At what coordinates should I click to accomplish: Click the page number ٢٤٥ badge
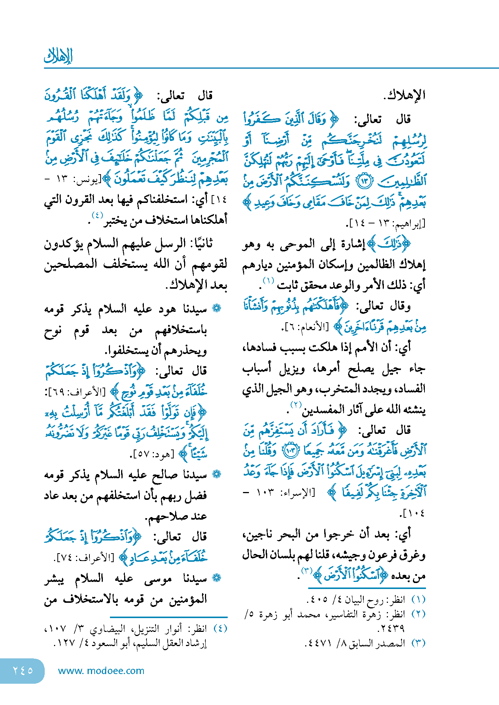click(23, 670)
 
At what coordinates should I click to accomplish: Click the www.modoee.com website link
click(101, 671)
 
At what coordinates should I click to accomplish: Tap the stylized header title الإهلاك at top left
click(58, 56)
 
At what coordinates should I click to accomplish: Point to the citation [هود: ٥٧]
click(152, 454)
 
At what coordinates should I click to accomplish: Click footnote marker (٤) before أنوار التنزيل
click(220, 629)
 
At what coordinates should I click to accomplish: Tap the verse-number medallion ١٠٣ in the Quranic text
click(290, 451)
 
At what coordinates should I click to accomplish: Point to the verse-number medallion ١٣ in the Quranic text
click(364, 181)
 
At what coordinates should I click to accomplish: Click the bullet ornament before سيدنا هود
click(217, 308)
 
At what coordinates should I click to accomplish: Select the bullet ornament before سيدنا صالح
click(217, 474)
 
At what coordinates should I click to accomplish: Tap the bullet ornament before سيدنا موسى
click(217, 578)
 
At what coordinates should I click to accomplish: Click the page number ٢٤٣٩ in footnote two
click(391, 629)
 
